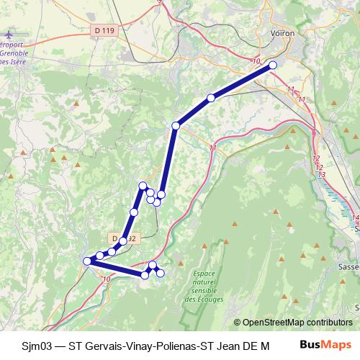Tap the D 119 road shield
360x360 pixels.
tap(104, 30)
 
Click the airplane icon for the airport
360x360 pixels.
tap(9, 35)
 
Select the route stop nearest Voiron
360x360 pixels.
tap(273, 66)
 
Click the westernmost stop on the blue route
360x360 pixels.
tap(87, 261)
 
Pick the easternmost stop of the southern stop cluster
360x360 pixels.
tap(161, 272)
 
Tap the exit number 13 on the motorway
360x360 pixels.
tap(321, 175)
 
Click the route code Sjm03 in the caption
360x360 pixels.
tap(36, 346)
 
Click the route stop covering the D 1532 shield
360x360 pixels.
tap(123, 240)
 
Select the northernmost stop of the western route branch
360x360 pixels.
tap(143, 186)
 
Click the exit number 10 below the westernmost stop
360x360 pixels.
tap(107, 279)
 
